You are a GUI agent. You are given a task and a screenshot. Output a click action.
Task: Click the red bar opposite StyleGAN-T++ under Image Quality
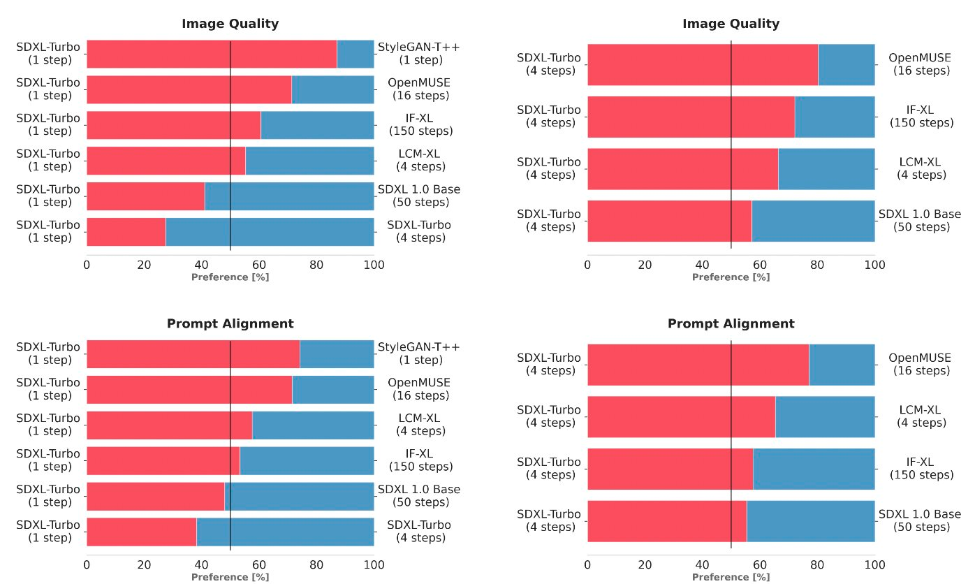tap(212, 54)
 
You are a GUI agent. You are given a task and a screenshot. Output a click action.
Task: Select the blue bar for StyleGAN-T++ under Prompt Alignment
tap(337, 353)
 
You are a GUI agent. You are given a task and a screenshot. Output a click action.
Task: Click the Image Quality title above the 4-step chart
tap(731, 24)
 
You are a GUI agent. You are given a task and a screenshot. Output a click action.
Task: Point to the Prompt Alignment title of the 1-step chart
tap(230, 323)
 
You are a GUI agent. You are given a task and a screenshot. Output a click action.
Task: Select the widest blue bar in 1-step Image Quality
tap(270, 232)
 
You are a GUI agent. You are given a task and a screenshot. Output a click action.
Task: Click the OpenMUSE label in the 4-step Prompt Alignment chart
tap(919, 365)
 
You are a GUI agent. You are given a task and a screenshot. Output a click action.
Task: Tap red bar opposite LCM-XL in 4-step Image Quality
tap(682, 169)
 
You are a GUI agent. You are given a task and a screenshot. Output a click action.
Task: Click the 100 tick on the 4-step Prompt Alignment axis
tap(874, 564)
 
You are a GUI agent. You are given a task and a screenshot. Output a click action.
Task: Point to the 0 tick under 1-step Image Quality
tap(87, 265)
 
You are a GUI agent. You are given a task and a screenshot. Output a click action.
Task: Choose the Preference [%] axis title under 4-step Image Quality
tap(731, 277)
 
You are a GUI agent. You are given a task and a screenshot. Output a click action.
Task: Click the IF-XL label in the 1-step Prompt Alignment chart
tap(420, 460)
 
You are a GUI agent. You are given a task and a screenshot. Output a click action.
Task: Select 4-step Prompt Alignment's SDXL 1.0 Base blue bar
tap(810, 521)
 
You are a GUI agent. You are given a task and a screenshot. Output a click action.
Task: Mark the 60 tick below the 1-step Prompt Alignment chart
tap(259, 564)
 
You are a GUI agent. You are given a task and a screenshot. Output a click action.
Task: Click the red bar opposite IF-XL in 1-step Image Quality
tap(173, 125)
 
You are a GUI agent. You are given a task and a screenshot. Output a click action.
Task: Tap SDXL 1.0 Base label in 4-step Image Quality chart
tap(919, 221)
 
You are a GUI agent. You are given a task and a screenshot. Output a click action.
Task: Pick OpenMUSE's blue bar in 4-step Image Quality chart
tap(846, 64)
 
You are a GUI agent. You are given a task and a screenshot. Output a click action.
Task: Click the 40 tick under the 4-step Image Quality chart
tap(702, 265)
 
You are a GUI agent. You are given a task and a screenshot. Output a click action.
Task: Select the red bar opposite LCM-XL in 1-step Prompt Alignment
tap(169, 425)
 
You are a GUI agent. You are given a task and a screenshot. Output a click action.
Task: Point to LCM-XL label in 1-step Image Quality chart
tap(420, 161)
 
